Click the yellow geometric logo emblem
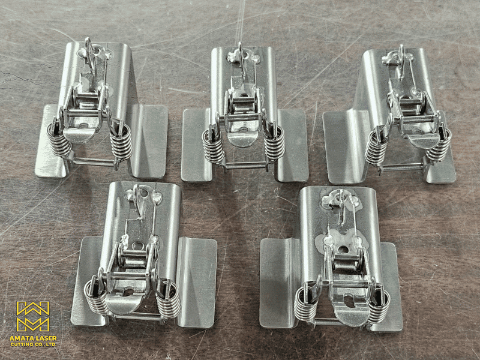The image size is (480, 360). (x=33, y=317)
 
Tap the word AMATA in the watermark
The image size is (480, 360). (x=20, y=338)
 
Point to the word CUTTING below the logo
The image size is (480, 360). (x=22, y=344)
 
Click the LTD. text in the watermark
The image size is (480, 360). (x=52, y=344)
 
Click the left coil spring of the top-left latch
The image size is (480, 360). (x=59, y=139)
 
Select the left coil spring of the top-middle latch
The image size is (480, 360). (x=214, y=145)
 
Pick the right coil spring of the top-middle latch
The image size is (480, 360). (x=274, y=144)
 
